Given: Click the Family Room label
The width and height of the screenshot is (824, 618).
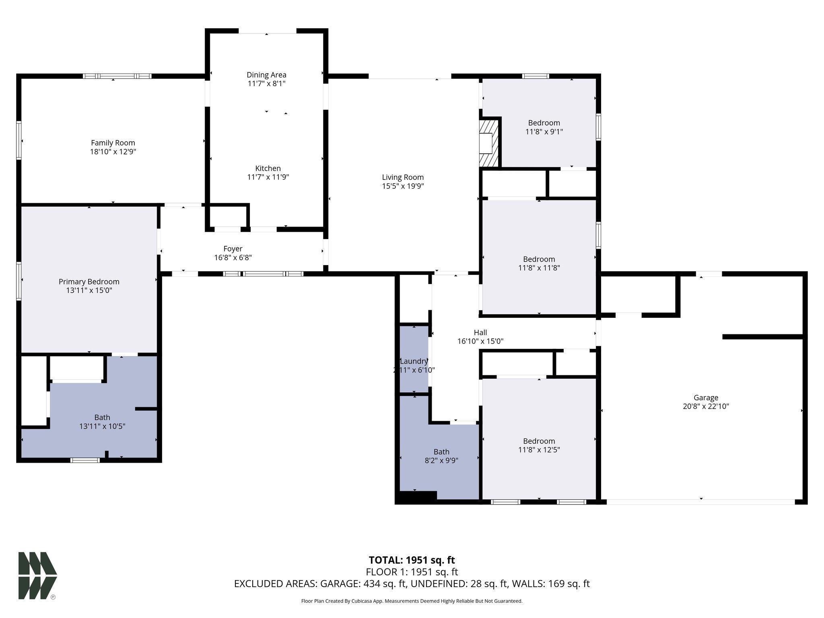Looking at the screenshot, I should pos(113,143).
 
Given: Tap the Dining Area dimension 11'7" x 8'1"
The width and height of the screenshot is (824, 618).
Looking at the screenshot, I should pos(266,84).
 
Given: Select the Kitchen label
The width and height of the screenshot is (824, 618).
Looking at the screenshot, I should pos(268,168).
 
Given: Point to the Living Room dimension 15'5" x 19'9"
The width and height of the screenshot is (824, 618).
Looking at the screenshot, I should pos(403,186).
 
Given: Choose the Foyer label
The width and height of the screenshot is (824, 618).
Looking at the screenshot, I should pos(233,249).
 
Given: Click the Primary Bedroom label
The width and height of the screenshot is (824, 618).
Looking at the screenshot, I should pos(89,282).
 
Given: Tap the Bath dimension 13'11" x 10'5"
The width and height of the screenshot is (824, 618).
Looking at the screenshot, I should pos(102,426).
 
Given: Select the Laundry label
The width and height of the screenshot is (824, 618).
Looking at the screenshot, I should pos(414,361).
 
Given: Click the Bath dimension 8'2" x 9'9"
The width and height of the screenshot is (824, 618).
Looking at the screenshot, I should pos(441,460).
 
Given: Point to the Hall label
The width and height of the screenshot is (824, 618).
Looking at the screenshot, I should pos(480,332).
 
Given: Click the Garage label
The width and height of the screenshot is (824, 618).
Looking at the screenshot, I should pos(706,398).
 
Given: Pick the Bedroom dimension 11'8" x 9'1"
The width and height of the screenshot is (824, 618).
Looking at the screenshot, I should pos(544,132).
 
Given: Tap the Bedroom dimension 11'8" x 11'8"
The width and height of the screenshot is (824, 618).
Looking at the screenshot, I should pos(539,268).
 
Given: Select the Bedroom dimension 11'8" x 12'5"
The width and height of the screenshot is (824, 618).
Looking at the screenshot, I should pos(539,449).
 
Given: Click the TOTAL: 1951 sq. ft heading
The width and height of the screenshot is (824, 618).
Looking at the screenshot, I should pos(412,560).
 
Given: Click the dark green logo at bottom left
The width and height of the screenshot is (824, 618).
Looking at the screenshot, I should pos(37,576).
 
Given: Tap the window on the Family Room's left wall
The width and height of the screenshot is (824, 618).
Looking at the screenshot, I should pos(19,140).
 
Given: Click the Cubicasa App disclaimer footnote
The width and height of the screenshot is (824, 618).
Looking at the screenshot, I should pos(412,601).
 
